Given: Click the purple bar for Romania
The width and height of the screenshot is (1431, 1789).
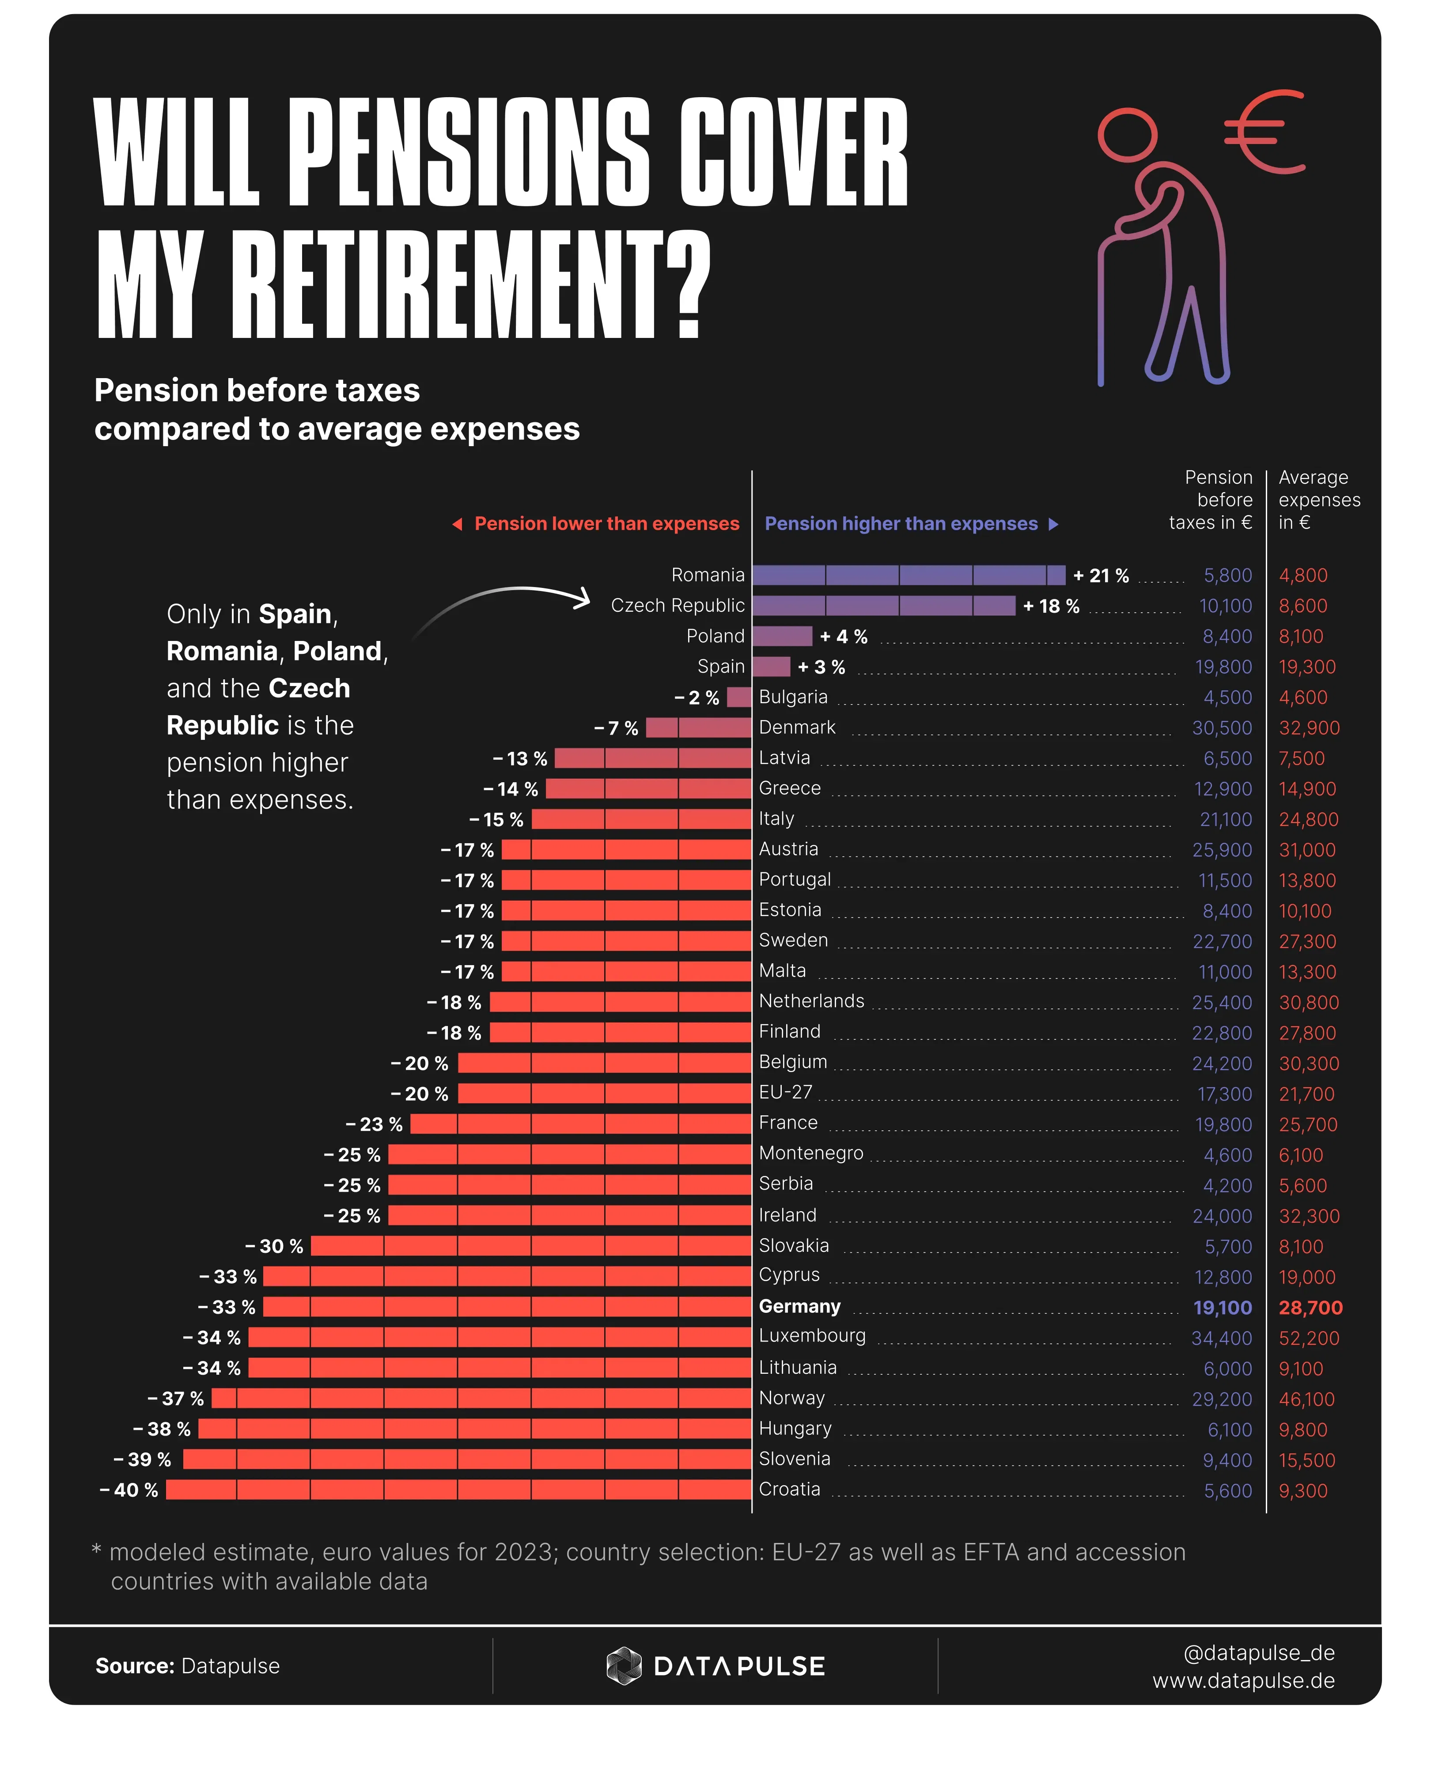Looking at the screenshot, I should point(909,575).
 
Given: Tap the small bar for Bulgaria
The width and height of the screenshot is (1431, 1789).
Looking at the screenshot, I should point(739,697).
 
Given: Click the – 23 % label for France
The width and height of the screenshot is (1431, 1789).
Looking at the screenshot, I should point(374,1124).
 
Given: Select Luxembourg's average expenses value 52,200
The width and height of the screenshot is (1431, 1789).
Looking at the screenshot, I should point(1309,1338).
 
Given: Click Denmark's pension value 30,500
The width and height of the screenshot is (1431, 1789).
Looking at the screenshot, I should point(1222,728).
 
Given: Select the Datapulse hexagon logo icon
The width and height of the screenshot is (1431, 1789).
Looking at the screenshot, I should point(624,1665).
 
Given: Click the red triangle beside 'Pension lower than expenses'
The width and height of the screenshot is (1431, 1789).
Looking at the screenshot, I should point(457,523).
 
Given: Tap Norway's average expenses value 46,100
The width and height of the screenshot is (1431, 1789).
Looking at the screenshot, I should point(1306,1399).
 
